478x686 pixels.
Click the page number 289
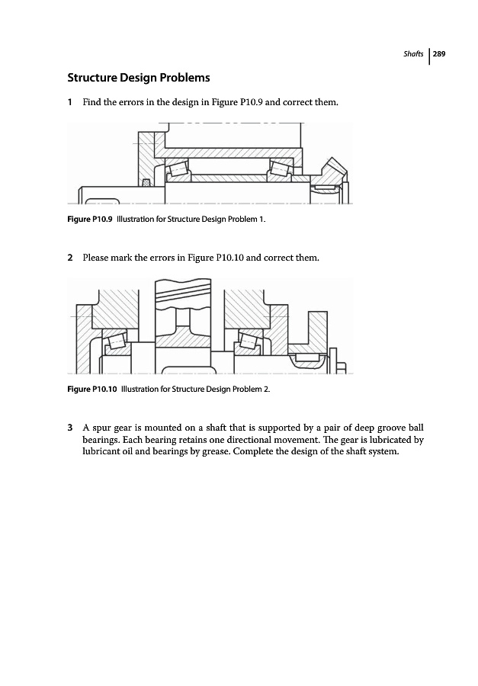440,54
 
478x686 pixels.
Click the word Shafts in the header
415,54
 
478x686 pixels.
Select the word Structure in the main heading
95,78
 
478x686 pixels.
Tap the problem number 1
70,102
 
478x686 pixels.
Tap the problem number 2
70,258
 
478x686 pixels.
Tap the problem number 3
70,427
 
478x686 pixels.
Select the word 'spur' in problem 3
103,427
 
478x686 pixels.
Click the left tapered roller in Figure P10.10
117,341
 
